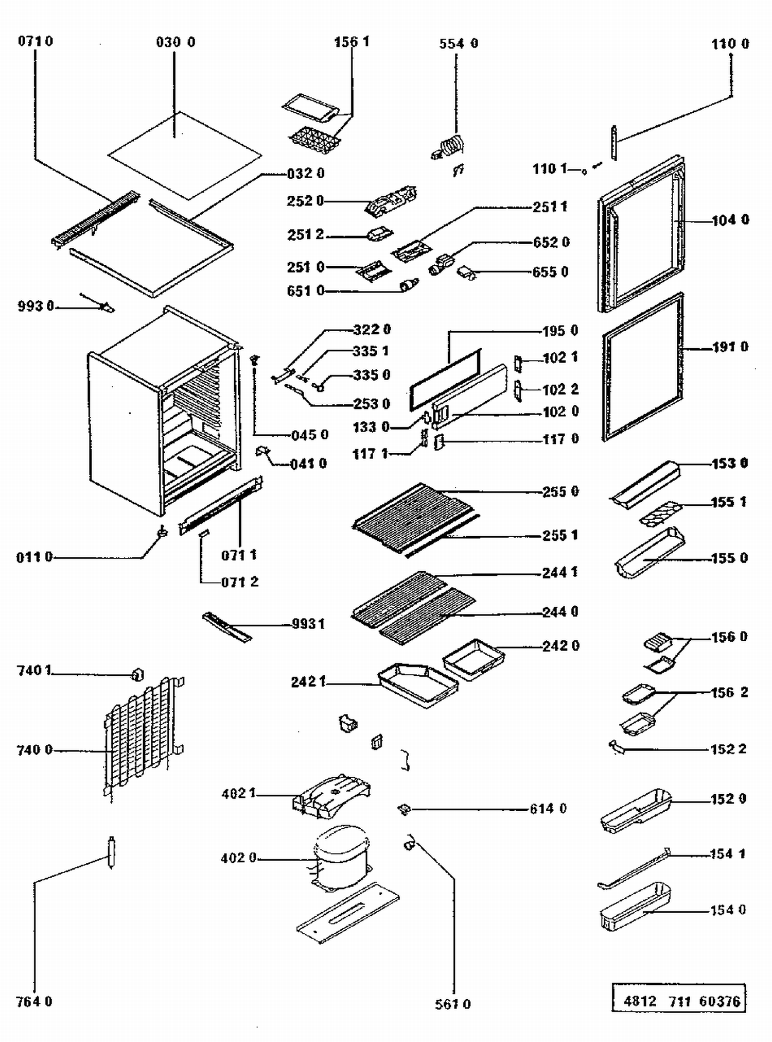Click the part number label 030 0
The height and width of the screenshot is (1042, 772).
point(176,42)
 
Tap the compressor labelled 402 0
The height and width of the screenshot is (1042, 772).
point(341,856)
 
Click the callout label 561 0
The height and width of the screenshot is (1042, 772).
point(452,1004)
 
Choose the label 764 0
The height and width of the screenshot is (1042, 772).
point(34,1002)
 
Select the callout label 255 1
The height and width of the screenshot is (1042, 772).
point(560,535)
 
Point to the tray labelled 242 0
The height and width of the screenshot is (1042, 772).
point(473,659)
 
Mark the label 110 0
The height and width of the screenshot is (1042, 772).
point(730,44)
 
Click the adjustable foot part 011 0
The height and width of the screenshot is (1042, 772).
point(163,531)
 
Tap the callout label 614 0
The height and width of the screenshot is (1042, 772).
point(548,809)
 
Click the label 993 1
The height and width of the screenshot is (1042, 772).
point(308,624)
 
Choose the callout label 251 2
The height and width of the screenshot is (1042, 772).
point(305,235)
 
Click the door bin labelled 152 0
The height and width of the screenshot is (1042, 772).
point(636,810)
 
